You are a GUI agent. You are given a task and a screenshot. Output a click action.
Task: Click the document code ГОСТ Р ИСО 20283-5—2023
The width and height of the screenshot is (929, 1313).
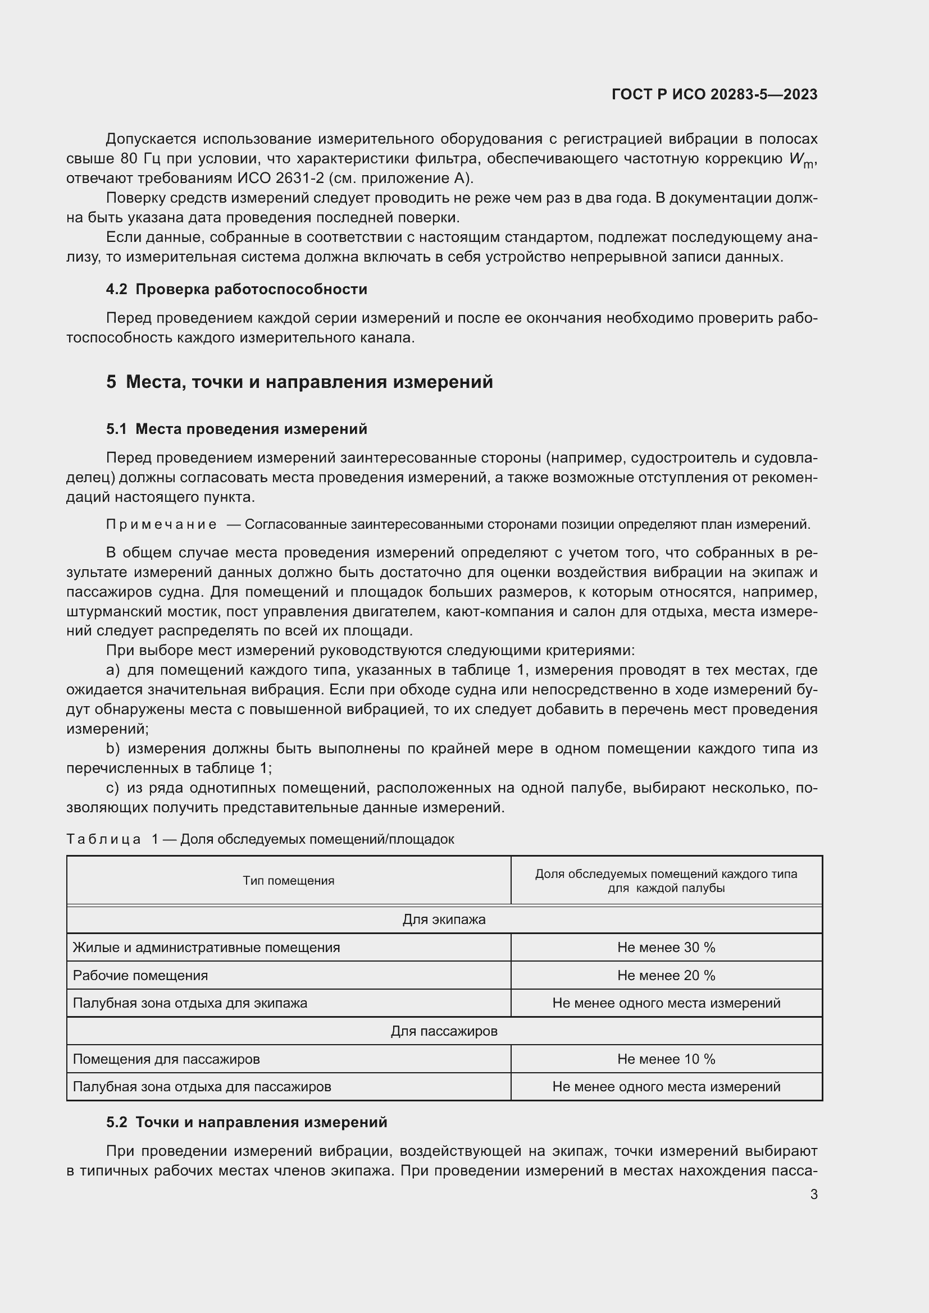714,94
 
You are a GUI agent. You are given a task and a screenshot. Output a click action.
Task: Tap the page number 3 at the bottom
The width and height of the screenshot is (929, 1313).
813,1194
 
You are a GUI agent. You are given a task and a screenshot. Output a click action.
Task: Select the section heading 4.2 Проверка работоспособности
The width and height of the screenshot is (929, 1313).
236,289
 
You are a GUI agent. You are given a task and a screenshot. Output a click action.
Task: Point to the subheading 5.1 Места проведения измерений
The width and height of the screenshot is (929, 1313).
236,429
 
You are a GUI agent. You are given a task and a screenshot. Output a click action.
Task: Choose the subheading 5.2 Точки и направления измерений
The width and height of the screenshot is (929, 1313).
247,1122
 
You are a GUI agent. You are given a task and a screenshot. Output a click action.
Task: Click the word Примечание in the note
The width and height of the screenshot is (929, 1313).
161,524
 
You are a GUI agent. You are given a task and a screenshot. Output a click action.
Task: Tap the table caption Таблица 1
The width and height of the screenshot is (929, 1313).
112,839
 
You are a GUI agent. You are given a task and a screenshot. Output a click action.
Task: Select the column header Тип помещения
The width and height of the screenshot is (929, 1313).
288,881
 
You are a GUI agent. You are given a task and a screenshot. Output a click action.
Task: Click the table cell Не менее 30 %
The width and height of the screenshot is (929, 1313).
666,948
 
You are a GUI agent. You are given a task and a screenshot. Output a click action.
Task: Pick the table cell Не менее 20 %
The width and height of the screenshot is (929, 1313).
666,976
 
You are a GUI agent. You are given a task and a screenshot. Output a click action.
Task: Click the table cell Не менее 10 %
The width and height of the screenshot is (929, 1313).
666,1059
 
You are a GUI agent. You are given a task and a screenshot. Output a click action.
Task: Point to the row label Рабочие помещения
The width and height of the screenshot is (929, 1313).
140,976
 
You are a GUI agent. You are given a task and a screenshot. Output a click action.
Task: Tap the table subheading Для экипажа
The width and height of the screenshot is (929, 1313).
444,919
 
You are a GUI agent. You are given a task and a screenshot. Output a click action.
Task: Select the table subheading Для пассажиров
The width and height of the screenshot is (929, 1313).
444,1031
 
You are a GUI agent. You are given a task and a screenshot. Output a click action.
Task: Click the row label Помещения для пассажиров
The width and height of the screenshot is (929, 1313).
166,1059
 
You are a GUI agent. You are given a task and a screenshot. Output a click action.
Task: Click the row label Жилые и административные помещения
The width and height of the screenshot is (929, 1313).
206,948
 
